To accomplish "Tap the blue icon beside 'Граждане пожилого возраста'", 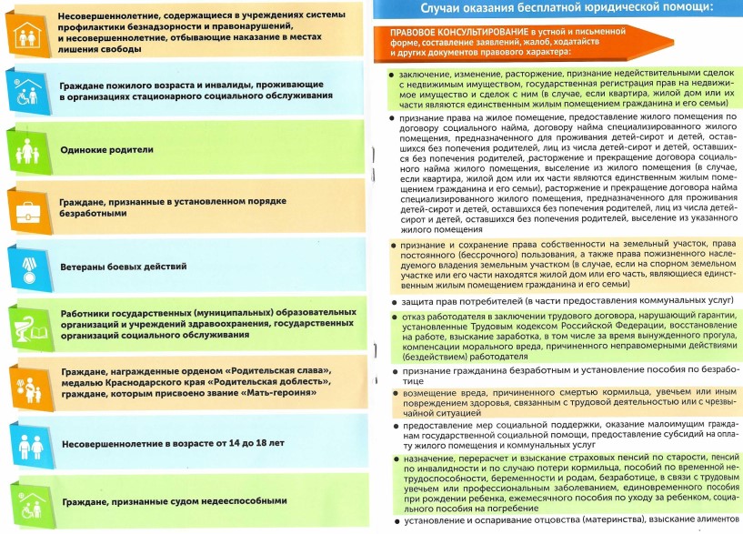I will click(25, 88).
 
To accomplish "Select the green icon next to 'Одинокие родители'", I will click(25, 148).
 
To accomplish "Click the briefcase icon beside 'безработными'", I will click(25, 207).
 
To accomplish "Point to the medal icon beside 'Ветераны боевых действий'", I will click(25, 267).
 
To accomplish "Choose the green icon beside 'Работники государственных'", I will click(25, 325).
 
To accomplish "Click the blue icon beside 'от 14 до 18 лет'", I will click(25, 443).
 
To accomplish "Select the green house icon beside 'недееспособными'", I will click(25, 501).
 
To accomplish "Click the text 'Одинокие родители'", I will click(106, 149).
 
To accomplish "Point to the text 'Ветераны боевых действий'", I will click(123, 267).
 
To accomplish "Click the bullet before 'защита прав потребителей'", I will click(391, 301).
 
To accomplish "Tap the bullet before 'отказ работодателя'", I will click(391, 316).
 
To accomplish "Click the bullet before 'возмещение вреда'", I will click(391, 390).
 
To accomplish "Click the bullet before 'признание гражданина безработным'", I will click(391, 371).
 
